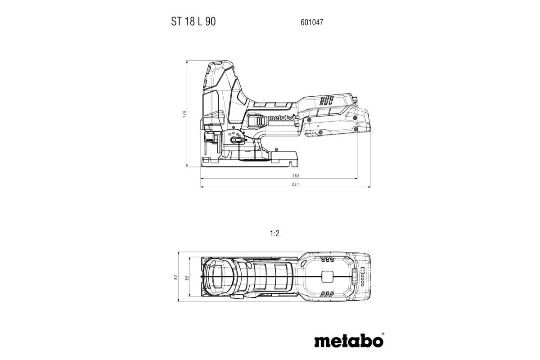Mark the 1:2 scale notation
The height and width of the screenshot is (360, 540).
(x=275, y=234)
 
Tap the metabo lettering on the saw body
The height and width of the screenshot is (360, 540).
(x=280, y=118)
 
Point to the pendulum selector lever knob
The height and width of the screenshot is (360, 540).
(x=234, y=141)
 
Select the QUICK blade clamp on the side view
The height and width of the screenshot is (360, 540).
(x=209, y=138)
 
